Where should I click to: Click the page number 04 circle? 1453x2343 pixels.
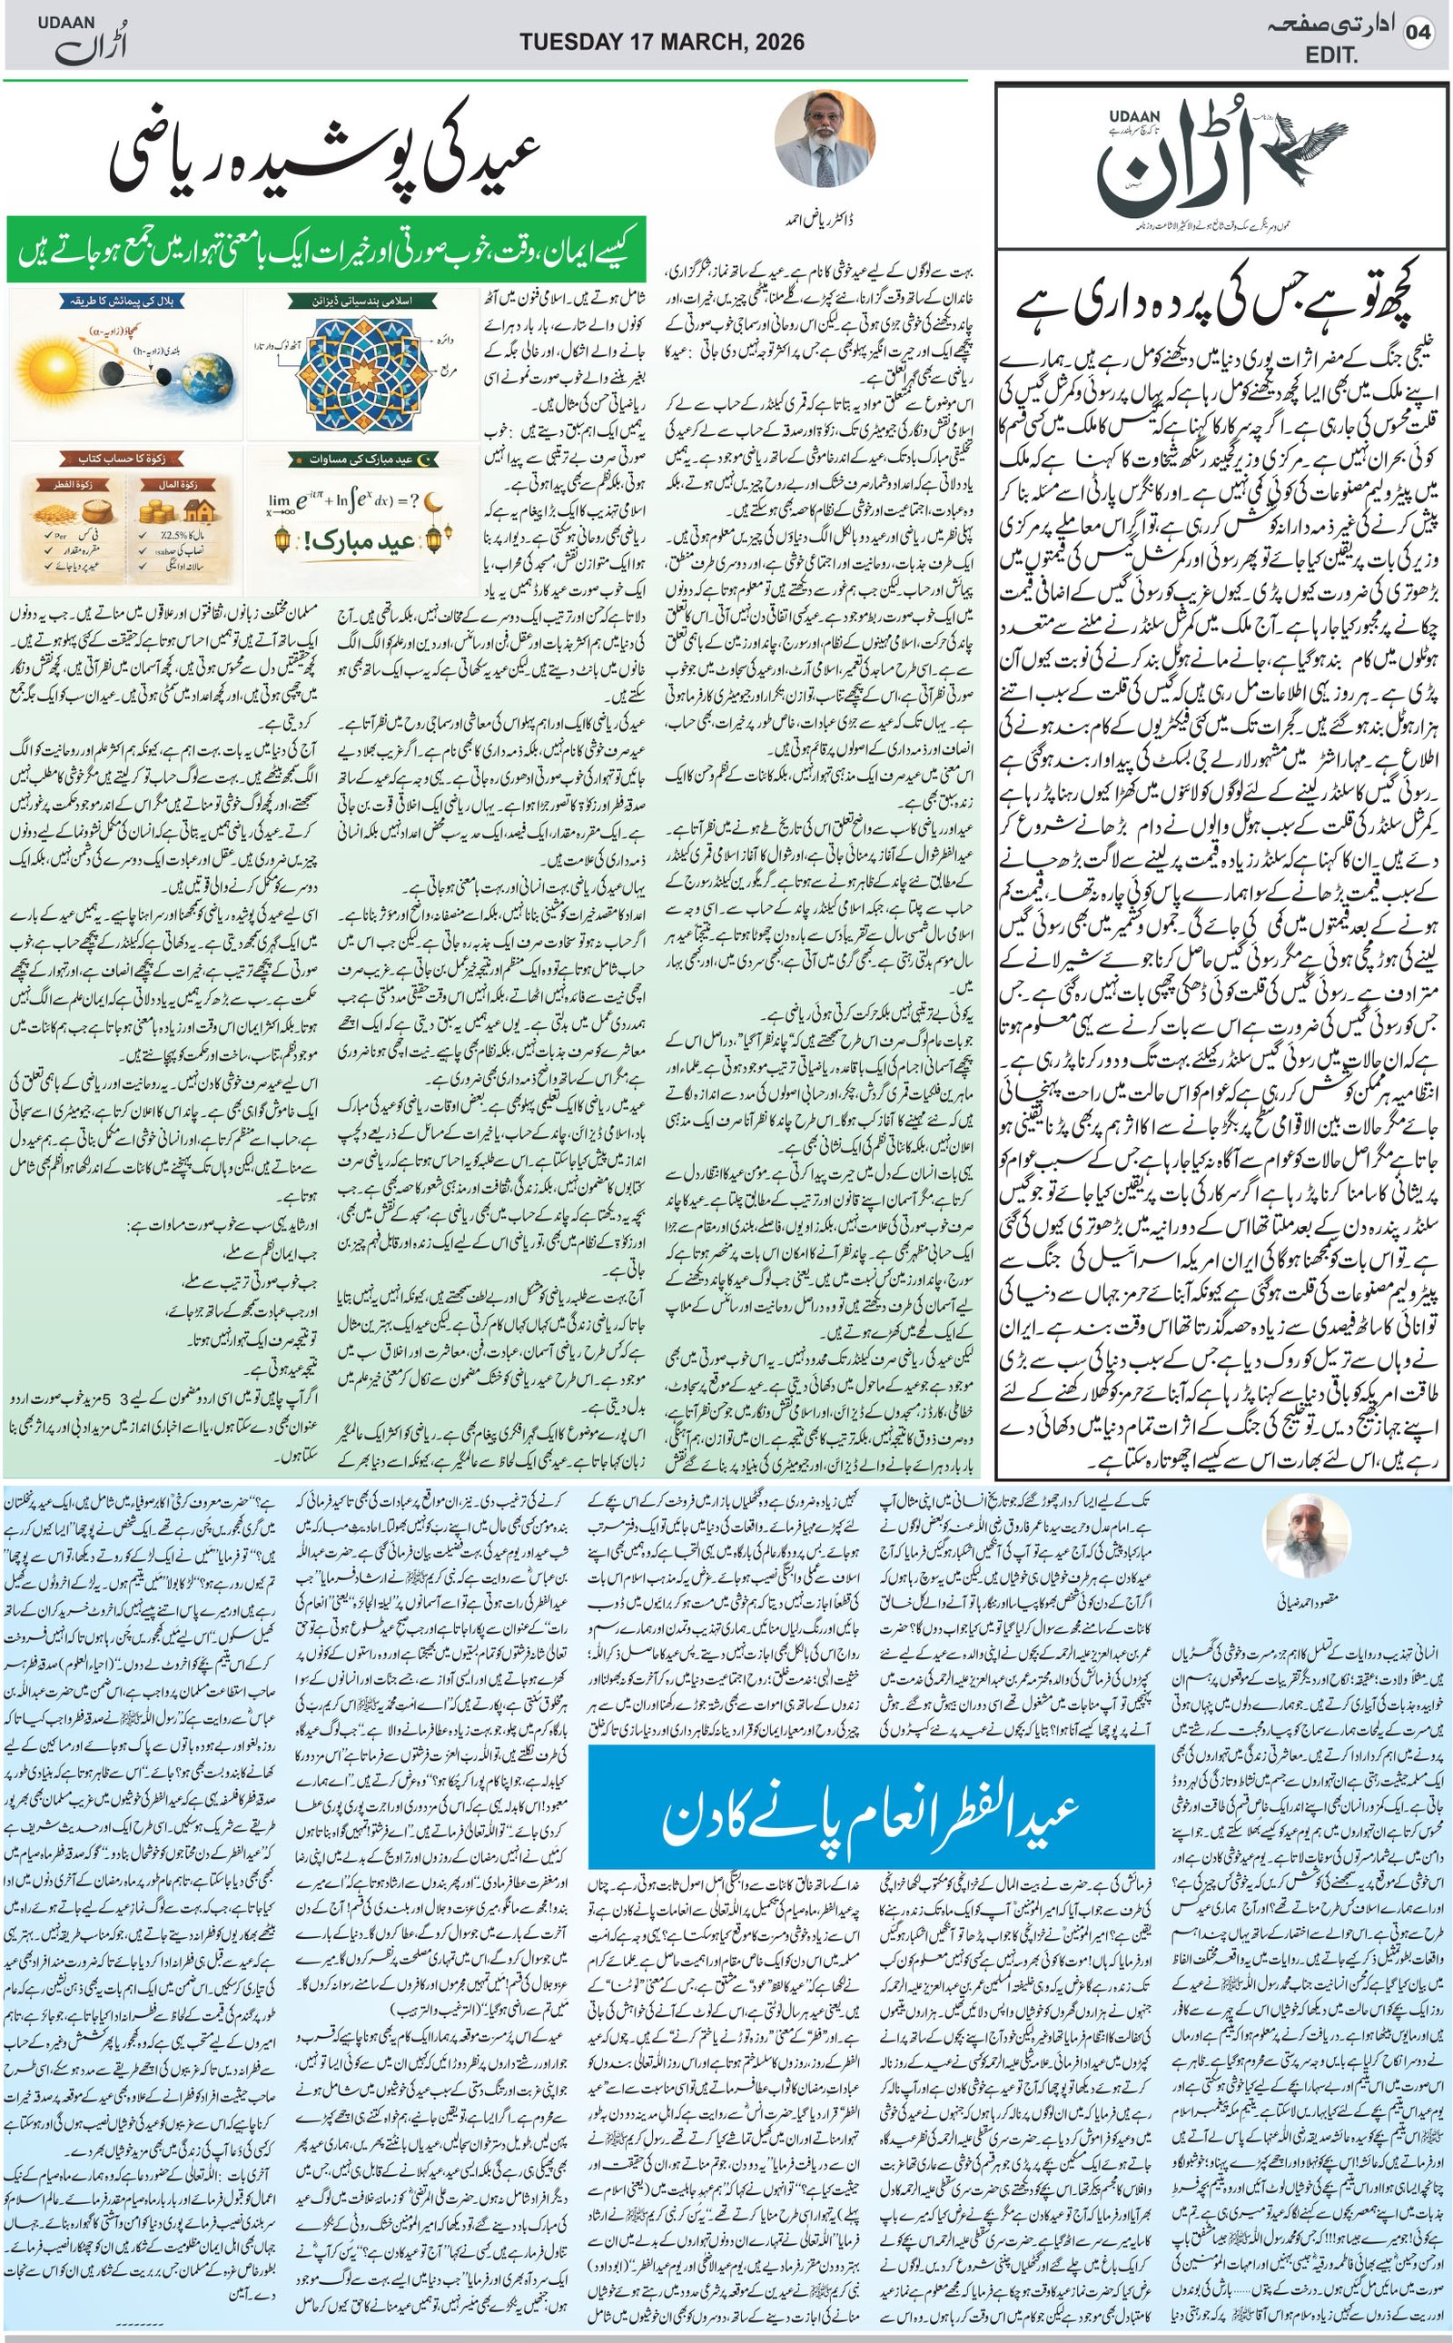point(1418,35)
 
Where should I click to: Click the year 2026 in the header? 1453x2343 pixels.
point(773,43)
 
